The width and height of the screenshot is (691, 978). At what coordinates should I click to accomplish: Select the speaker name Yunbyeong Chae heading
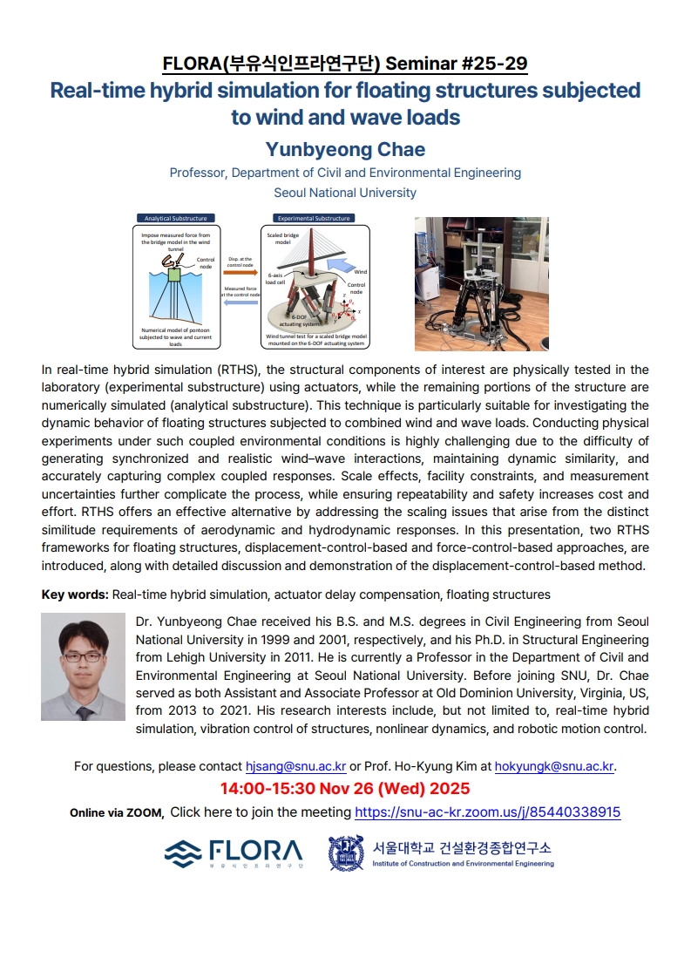pyautogui.click(x=345, y=149)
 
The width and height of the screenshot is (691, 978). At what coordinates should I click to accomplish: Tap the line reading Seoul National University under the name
pyautogui.click(x=345, y=193)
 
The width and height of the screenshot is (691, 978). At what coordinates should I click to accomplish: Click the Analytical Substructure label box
pyautogui.click(x=170, y=218)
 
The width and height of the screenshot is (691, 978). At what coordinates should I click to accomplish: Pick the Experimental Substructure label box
pyautogui.click(x=309, y=218)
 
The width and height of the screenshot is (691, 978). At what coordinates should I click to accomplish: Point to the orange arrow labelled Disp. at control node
pyautogui.click(x=240, y=273)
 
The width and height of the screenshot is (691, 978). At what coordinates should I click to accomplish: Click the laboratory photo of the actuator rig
pyautogui.click(x=481, y=283)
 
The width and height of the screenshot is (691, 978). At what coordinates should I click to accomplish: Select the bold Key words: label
pyautogui.click(x=75, y=594)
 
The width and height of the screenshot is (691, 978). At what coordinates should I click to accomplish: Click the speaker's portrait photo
pyautogui.click(x=83, y=667)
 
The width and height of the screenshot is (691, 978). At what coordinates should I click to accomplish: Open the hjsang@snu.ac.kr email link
pyautogui.click(x=295, y=767)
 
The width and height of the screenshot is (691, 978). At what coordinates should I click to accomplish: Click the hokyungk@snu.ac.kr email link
pyautogui.click(x=554, y=767)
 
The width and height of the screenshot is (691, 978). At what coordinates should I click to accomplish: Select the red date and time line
pyautogui.click(x=345, y=789)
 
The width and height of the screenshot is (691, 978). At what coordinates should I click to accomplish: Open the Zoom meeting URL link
pyautogui.click(x=487, y=812)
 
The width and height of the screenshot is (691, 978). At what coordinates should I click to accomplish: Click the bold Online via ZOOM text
pyautogui.click(x=116, y=812)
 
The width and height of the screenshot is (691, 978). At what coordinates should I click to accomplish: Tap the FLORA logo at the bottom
pyautogui.click(x=234, y=852)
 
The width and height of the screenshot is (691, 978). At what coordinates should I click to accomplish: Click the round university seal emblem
pyautogui.click(x=346, y=852)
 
